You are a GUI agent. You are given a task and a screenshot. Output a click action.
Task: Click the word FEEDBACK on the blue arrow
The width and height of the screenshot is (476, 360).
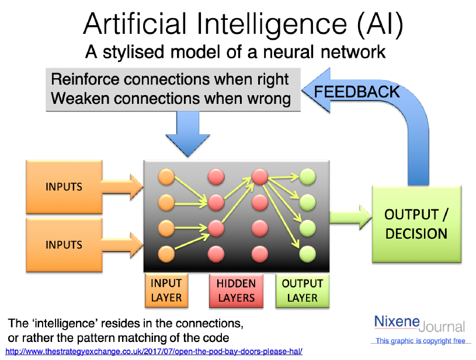357,92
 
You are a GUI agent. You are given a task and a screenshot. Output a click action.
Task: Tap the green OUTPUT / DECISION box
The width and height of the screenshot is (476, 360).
416,223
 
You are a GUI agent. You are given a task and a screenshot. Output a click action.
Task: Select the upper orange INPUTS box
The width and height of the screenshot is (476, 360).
64,187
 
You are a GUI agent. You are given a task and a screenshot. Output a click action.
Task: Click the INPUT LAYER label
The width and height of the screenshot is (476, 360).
166,290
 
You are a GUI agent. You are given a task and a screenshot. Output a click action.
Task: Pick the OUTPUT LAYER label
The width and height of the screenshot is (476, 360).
302,290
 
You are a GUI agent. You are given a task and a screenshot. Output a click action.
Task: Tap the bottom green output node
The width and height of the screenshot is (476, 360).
308,253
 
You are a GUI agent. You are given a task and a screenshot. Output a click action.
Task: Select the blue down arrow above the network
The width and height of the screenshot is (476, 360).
187,134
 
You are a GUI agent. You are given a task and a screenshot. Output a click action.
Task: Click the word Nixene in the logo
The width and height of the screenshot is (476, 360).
396,322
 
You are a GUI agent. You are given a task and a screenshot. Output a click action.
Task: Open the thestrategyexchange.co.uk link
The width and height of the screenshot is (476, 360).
154,352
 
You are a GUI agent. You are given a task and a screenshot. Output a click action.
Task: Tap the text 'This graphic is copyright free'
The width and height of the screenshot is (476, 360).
421,341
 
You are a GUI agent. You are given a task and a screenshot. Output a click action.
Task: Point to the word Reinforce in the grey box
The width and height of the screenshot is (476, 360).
88,79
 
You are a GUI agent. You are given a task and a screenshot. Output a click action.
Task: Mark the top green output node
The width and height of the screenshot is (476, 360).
308,176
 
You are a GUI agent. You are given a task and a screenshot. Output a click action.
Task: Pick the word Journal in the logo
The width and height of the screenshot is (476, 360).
442,326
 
